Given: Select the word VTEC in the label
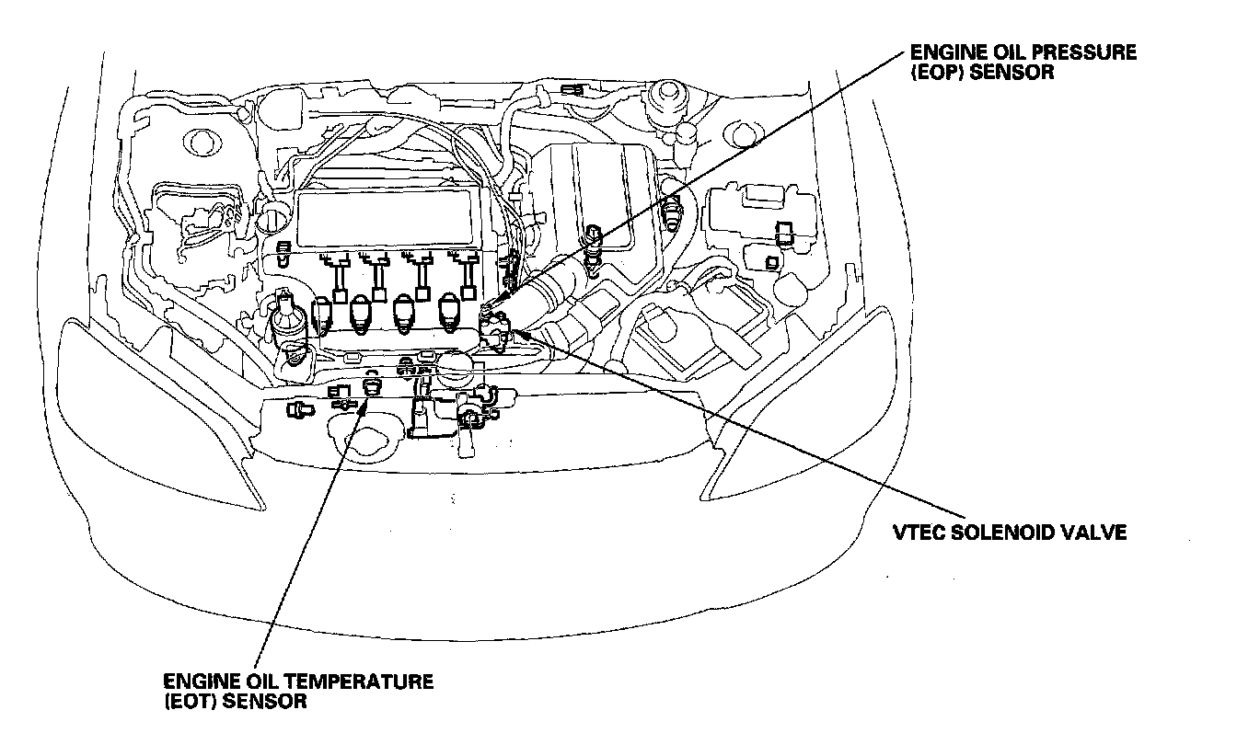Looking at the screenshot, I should (919, 533).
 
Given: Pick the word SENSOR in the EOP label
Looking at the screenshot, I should (1011, 72).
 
